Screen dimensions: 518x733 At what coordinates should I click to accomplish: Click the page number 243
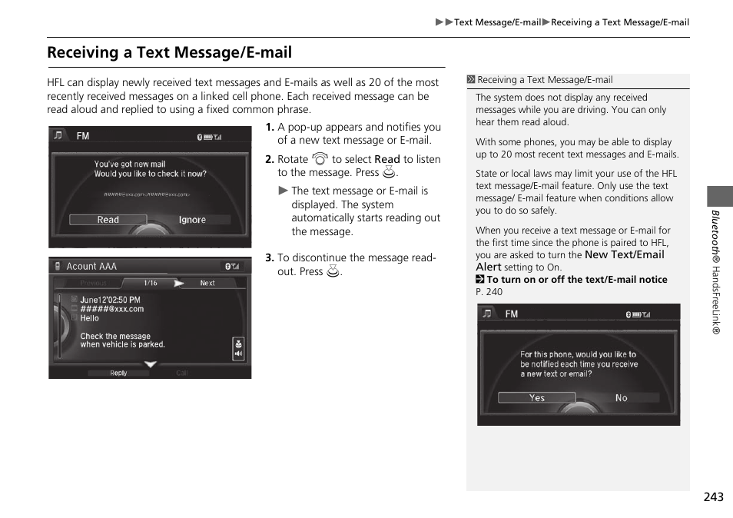[x=712, y=497]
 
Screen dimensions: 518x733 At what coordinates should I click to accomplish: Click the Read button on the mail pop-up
[x=108, y=220]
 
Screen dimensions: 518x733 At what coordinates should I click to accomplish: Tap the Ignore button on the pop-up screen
[x=192, y=220]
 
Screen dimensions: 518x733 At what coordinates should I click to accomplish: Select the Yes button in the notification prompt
[x=536, y=397]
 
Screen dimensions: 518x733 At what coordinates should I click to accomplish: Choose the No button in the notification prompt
[x=621, y=397]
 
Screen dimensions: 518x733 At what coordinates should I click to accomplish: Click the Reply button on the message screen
[x=118, y=373]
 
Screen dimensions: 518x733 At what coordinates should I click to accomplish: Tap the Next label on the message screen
[x=207, y=283]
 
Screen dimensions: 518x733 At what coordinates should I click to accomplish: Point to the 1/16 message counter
[x=151, y=283]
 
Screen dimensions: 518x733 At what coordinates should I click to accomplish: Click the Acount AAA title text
[x=91, y=266]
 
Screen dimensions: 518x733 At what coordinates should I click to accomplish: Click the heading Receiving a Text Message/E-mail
[x=169, y=52]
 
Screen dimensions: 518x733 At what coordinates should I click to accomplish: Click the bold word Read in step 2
[x=387, y=159]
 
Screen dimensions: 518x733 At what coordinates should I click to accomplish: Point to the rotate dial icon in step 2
[x=320, y=159]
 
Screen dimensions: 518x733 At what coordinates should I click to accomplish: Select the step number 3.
[x=269, y=258]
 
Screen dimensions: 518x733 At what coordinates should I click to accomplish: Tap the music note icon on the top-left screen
[x=58, y=136]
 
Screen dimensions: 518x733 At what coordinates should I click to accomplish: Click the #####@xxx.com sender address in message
[x=111, y=309]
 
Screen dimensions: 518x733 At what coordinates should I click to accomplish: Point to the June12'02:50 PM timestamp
[x=110, y=300]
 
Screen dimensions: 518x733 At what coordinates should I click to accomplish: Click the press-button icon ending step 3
[x=333, y=271]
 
